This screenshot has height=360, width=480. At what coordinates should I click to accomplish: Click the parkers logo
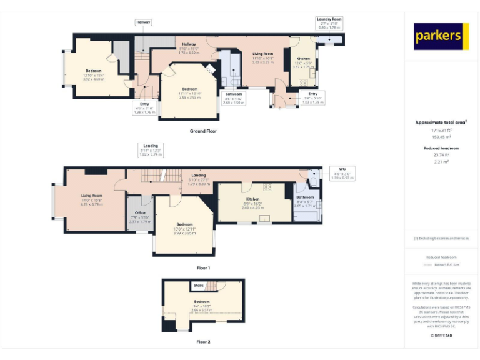tap(441, 37)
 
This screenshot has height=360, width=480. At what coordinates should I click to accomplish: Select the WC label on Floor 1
tap(342, 169)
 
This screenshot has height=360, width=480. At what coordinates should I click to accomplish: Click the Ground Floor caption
tap(203, 131)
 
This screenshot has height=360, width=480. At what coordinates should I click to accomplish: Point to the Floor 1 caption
tap(203, 267)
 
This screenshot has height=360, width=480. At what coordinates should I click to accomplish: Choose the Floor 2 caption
tap(203, 342)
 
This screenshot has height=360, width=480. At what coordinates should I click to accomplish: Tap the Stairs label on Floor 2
tap(199, 286)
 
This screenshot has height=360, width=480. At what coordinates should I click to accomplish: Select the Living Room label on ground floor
tap(262, 54)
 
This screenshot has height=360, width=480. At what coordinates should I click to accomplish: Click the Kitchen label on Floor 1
tap(253, 199)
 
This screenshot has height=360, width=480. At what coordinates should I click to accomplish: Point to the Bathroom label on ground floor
tap(234, 94)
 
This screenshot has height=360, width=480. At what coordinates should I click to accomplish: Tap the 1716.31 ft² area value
tap(441, 130)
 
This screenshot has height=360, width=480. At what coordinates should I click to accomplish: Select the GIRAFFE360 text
tap(441, 336)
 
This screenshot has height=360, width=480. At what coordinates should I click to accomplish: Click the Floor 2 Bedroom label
tap(201, 302)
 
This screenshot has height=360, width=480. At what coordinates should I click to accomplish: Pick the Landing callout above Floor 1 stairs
tap(151, 146)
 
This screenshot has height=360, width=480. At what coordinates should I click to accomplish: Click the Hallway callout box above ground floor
tap(143, 22)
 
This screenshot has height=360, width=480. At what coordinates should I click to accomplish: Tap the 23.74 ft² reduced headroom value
tap(441, 155)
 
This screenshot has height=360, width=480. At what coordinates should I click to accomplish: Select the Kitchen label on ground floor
tap(302, 59)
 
